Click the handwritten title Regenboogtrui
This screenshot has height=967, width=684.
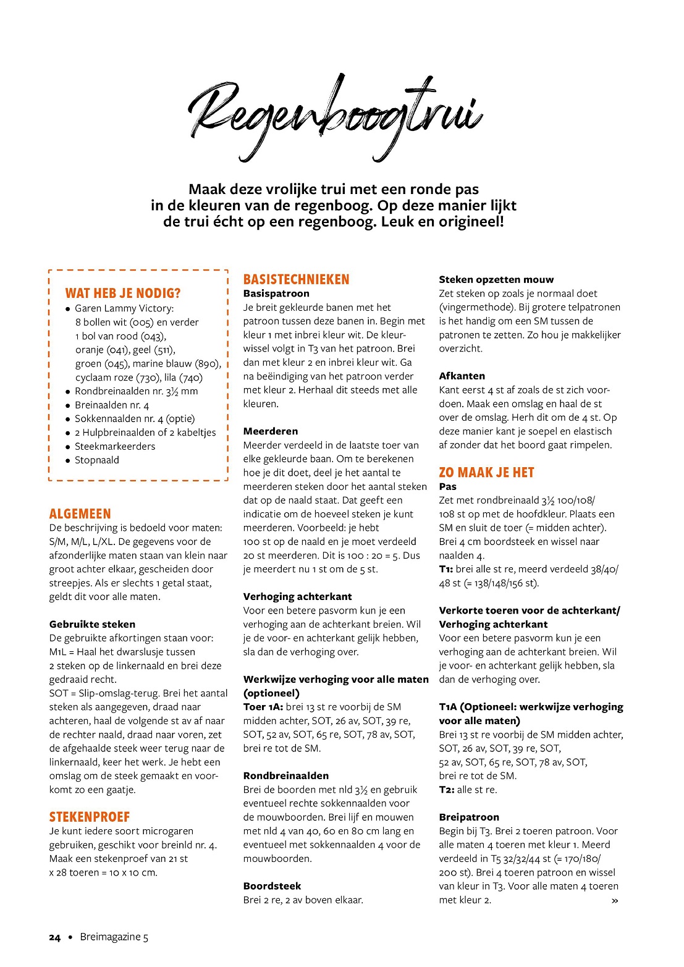(335, 116)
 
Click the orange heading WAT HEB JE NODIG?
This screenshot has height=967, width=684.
(123, 293)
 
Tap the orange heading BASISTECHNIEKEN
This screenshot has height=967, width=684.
(296, 280)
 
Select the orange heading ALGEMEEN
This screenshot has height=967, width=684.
(80, 514)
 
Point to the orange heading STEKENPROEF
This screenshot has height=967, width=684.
(90, 817)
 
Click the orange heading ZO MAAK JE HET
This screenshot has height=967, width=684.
(486, 473)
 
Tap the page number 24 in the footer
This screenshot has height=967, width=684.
(55, 937)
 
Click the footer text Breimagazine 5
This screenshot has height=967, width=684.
(114, 937)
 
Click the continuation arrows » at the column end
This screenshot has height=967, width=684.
(614, 901)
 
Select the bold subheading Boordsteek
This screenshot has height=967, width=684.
(272, 886)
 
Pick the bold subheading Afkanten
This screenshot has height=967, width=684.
(462, 376)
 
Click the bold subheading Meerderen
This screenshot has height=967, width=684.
(271, 431)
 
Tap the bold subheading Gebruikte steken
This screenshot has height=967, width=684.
(92, 624)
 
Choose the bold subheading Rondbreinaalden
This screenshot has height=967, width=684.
(286, 775)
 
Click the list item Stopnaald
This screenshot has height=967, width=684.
(97, 460)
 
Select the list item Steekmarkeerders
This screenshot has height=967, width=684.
(115, 446)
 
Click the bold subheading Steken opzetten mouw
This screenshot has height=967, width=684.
(496, 280)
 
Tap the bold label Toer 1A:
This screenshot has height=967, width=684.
(263, 707)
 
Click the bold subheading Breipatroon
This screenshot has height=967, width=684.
(469, 817)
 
